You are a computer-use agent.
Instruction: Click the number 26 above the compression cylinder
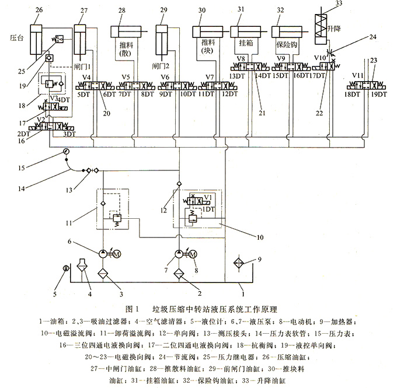click(39, 10)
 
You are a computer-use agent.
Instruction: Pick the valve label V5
click(126, 77)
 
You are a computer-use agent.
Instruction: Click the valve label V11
click(358, 76)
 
